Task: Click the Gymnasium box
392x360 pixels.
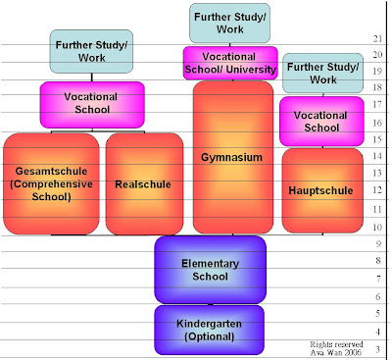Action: [232, 157]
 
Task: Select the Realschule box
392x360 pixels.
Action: [144, 183]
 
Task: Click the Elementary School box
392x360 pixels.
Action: [210, 270]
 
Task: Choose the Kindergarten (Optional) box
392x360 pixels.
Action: [210, 330]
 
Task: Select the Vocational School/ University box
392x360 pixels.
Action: [231, 64]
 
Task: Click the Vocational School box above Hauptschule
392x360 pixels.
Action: [321, 121]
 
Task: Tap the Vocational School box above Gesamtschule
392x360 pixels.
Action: [92, 104]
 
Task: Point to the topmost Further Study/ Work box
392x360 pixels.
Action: [231, 22]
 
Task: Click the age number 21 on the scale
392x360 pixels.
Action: [378, 38]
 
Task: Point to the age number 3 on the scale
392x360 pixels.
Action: [378, 350]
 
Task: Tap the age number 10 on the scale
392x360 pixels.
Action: [378, 228]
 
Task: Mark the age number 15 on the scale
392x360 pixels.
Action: [378, 139]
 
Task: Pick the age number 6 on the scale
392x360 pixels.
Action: [378, 295]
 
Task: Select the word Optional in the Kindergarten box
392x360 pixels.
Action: [210, 337]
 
